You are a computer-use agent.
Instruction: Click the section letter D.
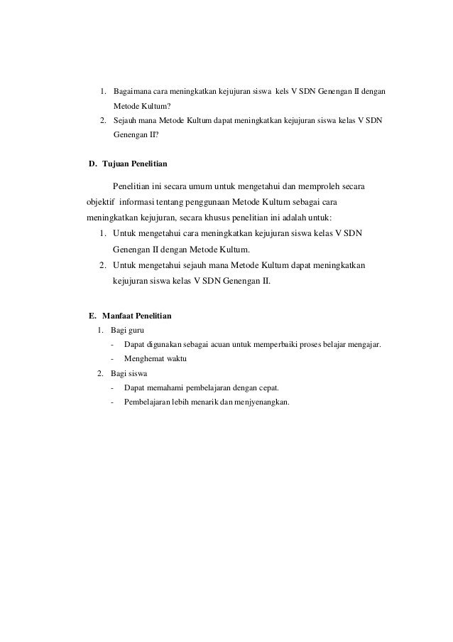(92, 164)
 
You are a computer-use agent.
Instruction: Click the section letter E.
(92, 315)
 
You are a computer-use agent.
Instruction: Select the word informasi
(139, 202)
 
